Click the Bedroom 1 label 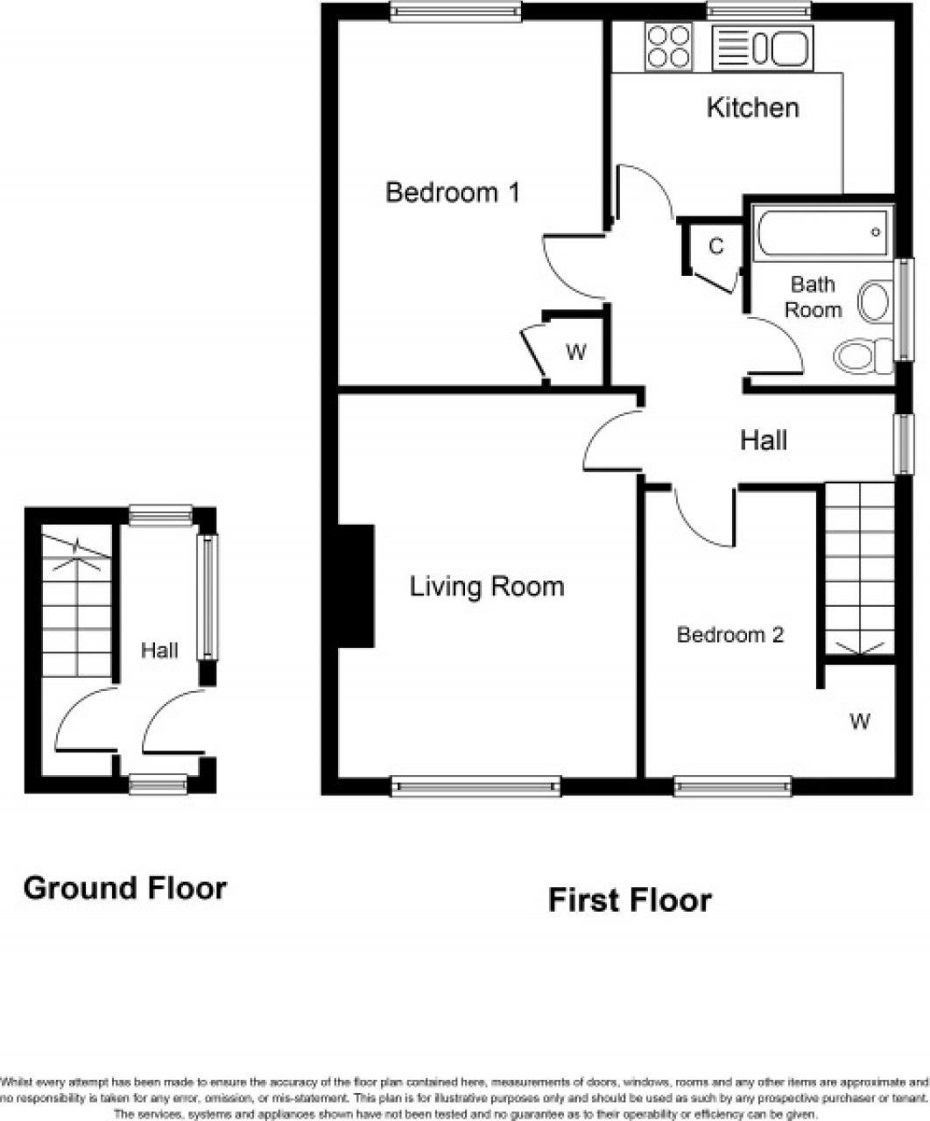(x=453, y=192)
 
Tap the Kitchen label (x=752, y=108)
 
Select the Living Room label (x=487, y=586)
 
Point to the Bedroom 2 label (x=729, y=635)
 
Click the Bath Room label (x=813, y=297)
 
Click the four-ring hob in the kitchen (x=668, y=46)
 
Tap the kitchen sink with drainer (x=763, y=47)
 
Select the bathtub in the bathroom (x=821, y=232)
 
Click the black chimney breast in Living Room (x=356, y=586)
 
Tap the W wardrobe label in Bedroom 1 (x=575, y=353)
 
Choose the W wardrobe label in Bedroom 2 (x=860, y=721)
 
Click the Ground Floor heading (x=124, y=888)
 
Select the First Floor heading (x=630, y=899)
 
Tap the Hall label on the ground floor (x=159, y=651)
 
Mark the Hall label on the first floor (x=764, y=441)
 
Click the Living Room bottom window (x=476, y=786)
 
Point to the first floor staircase (x=859, y=568)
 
